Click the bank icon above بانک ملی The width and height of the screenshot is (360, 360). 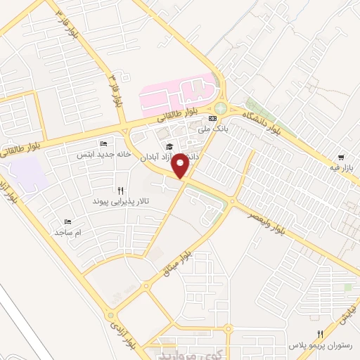click(x=212, y=119)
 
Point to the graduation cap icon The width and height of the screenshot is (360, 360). click(x=168, y=146)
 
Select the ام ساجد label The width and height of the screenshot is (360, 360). click(x=69, y=231)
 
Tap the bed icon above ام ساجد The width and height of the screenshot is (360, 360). click(x=68, y=221)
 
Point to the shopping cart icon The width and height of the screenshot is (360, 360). click(x=341, y=157)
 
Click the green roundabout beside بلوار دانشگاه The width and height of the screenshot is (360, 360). click(x=221, y=109)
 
